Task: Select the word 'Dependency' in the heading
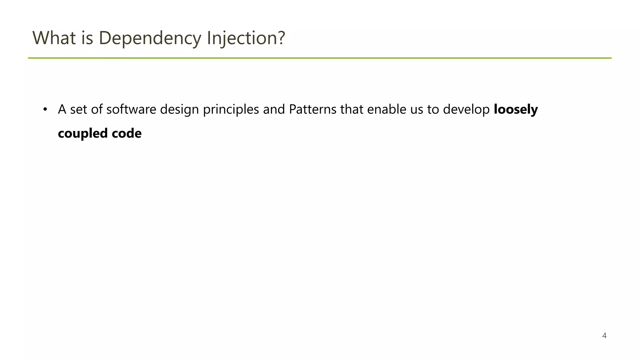pos(150,38)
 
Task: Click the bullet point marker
pos(45,109)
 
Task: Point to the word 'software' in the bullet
pos(131,109)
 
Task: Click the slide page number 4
pos(604,336)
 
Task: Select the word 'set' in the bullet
pos(78,109)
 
